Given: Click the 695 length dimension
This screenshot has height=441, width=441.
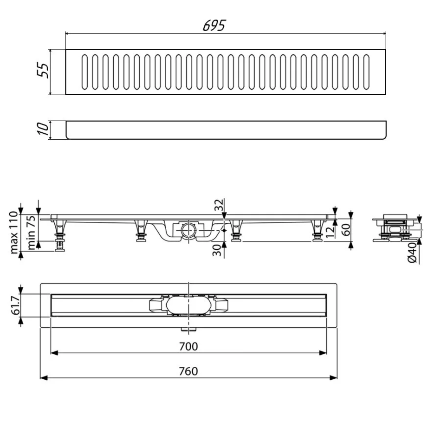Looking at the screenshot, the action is coord(214,26).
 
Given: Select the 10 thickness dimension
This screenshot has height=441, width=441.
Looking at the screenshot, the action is coord(43,129).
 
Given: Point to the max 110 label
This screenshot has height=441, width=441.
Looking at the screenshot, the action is coord(14,233).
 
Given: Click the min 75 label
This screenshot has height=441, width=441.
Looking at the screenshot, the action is coord(31,232).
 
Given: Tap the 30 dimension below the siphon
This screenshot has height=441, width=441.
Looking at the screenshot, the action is coord(217,250).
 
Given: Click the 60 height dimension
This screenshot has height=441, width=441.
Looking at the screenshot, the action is coord(346,229).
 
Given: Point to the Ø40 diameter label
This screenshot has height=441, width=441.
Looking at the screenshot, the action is coord(412,253).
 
